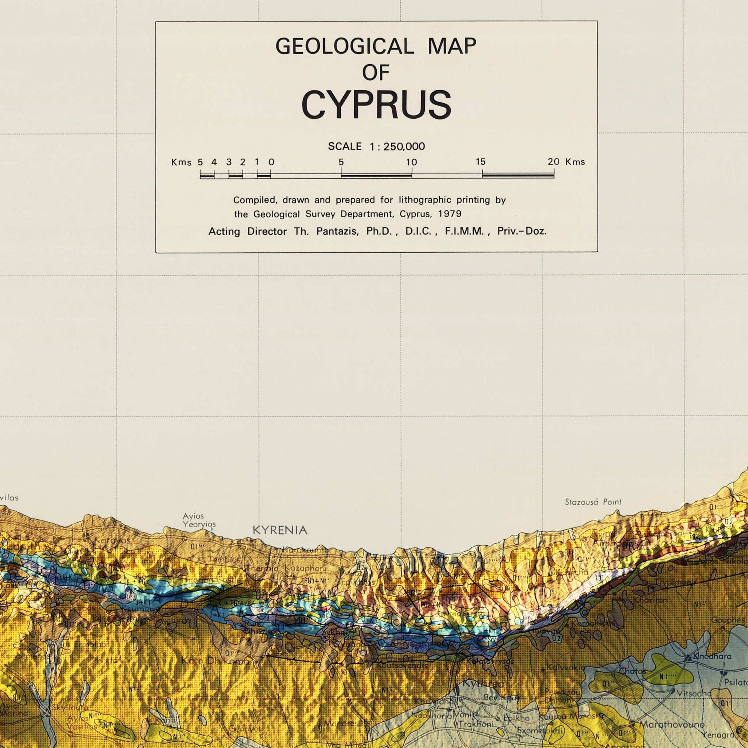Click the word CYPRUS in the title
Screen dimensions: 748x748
click(x=376, y=105)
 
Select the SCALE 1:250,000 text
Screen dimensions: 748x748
click(x=376, y=146)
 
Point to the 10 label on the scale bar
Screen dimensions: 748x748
click(x=411, y=163)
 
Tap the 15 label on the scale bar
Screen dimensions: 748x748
click(x=481, y=162)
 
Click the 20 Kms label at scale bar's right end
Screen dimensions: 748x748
click(x=566, y=162)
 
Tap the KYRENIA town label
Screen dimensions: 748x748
click(x=280, y=530)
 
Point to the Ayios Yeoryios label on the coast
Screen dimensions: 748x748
click(x=199, y=520)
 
